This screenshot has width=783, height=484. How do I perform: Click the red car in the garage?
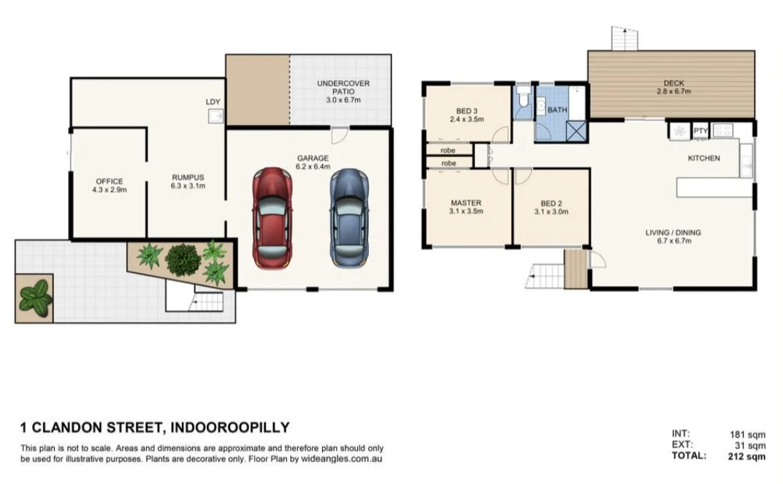pos(272,218)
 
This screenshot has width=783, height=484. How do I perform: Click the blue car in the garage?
pos(349,218)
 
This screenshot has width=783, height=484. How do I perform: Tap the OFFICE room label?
pos(109,181)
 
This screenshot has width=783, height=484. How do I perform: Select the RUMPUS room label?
pos(188,177)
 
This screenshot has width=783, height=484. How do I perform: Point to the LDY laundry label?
pos(213,101)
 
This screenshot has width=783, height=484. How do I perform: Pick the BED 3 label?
pos(467,111)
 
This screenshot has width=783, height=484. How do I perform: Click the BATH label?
pos(557,110)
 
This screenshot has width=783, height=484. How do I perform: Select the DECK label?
pos(673,82)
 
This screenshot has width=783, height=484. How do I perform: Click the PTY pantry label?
pos(700,130)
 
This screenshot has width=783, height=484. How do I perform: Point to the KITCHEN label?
pos(703,158)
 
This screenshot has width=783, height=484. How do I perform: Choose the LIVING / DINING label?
pos(673,233)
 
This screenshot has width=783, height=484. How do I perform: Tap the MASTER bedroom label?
pos(466,202)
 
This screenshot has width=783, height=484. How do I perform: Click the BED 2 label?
pos(551,202)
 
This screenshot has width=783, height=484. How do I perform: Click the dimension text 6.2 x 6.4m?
pos(313,166)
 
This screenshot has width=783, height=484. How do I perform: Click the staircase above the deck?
pos(625,38)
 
